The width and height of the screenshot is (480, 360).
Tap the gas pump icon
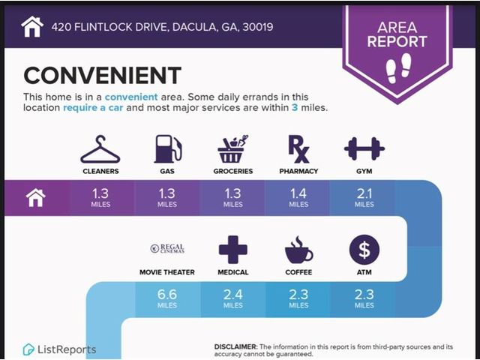pyautogui.click(x=167, y=149)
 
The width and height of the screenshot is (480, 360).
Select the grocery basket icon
pyautogui.click(x=233, y=149)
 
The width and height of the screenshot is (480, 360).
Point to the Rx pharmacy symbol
pyautogui.click(x=298, y=149)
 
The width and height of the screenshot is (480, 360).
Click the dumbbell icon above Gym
pyautogui.click(x=364, y=148)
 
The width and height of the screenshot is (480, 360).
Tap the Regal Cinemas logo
pyautogui.click(x=167, y=248)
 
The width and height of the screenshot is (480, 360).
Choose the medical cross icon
pyautogui.click(x=233, y=250)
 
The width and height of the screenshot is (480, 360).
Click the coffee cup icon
pyautogui.click(x=298, y=250)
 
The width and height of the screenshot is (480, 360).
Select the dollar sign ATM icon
pyautogui.click(x=364, y=250)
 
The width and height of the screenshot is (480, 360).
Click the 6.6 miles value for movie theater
pyautogui.click(x=167, y=298)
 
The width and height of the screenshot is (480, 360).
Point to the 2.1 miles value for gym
pyautogui.click(x=364, y=197)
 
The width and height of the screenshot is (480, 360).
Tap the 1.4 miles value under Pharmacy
pyautogui.click(x=298, y=197)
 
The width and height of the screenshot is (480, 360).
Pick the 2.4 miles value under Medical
pyautogui.click(x=233, y=298)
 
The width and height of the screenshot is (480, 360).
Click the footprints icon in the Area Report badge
pyautogui.click(x=398, y=68)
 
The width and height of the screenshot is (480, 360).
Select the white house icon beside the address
pyautogui.click(x=32, y=27)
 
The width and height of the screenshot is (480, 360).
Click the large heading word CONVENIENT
pyautogui.click(x=103, y=75)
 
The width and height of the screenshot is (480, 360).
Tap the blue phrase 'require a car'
pyautogui.click(x=93, y=108)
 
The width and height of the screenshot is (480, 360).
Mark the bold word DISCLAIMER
pyautogui.click(x=236, y=346)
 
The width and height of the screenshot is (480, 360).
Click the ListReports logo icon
pyautogui.click(x=28, y=349)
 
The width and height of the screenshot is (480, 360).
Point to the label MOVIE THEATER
pyautogui.click(x=167, y=272)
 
